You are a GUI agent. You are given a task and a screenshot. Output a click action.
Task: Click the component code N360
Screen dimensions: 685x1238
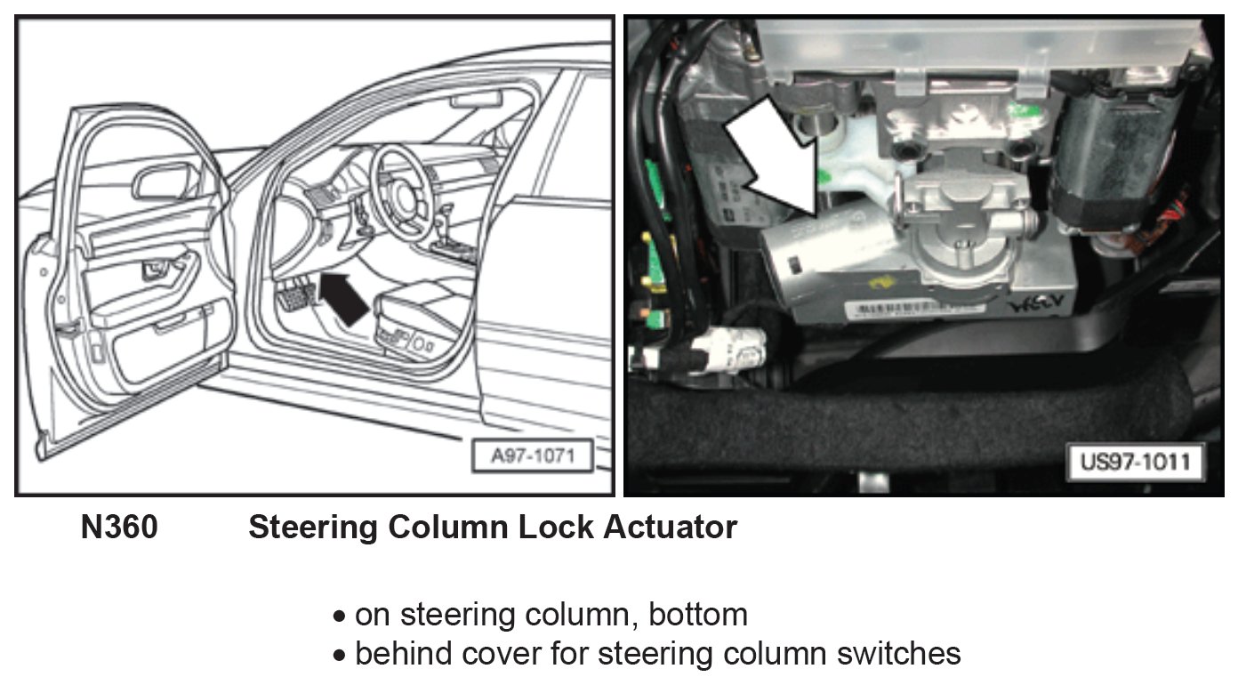click(119, 528)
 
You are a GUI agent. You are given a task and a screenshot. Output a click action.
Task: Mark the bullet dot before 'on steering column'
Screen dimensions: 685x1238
click(339, 616)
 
